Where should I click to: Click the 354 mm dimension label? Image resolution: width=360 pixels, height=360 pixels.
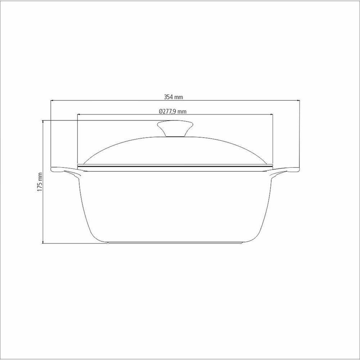[174, 97]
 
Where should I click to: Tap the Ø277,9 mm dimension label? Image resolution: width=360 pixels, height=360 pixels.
[173, 112]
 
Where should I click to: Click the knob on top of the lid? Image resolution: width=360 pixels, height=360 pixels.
[175, 129]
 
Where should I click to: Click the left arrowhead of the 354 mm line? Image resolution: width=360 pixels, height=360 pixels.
[52, 100]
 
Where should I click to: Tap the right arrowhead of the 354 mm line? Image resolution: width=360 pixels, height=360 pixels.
[298, 100]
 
